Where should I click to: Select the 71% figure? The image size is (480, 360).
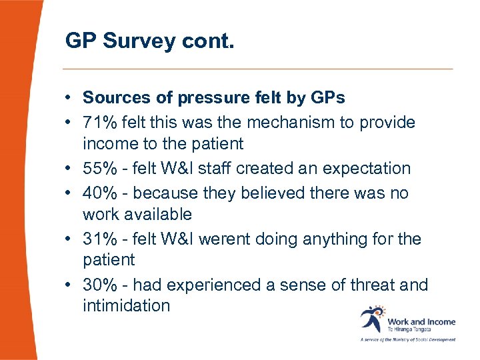[x=98, y=122]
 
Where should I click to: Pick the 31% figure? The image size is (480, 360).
[x=98, y=239]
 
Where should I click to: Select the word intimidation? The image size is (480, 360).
[x=126, y=306]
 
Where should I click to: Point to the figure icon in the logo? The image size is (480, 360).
[x=372, y=319]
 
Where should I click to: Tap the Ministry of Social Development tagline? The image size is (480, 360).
[x=408, y=339]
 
